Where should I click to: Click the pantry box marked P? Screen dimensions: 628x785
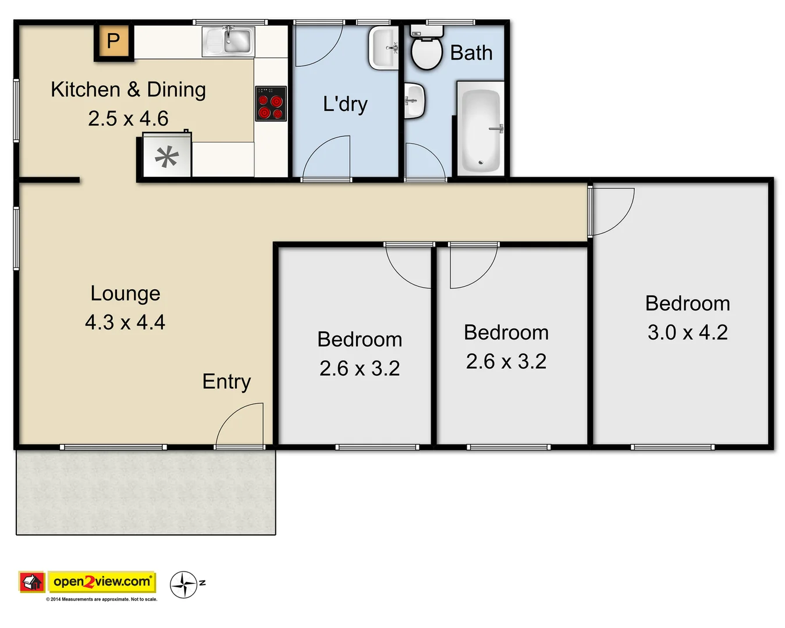pos(113,41)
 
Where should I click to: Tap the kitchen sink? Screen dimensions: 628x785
pos(229,41)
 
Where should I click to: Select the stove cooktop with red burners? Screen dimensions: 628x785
pos(271,104)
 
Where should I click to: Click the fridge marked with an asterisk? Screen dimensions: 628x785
pos(166,156)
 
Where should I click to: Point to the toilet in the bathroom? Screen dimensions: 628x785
pos(427,50)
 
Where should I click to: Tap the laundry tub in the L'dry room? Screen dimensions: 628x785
pos(384,48)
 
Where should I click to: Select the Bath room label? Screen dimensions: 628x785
pos(471,53)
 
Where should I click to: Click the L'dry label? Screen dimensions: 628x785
pos(345,104)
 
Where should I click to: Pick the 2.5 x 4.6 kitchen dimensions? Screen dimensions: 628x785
pos(128,119)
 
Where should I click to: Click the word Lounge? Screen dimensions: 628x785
pos(125,294)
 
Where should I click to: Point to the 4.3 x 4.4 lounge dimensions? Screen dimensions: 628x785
pos(125,322)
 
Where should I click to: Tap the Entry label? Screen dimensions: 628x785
pos(226,381)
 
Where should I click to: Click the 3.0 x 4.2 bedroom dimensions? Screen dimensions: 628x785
pos(687,333)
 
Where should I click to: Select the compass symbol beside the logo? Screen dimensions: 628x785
pos(184,584)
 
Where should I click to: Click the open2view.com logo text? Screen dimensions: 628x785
pos(102,581)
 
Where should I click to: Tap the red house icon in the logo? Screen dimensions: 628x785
pos(32,581)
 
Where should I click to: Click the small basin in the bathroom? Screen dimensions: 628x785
pos(414,101)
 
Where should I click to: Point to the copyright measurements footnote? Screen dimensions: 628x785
pos(102,599)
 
